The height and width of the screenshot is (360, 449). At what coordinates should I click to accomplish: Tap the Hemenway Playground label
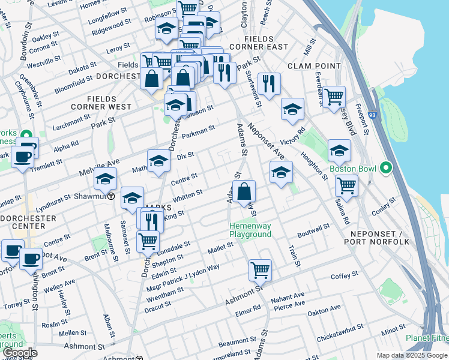click(251, 230)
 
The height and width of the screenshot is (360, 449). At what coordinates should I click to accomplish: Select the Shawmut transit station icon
click(111, 197)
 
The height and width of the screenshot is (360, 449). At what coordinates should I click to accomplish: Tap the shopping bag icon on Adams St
click(244, 193)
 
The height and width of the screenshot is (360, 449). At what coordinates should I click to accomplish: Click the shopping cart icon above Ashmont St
click(260, 270)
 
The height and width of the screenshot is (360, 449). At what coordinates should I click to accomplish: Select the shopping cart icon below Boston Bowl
click(347, 186)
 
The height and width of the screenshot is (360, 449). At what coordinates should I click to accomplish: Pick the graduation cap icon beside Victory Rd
click(292, 109)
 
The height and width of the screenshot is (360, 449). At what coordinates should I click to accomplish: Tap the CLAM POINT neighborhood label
click(310, 65)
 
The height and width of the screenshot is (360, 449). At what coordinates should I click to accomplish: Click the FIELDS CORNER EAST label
click(261, 46)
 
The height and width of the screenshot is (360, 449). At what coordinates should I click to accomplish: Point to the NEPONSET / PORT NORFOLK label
click(376, 238)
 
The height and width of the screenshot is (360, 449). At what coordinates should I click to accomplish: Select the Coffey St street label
click(345, 276)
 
